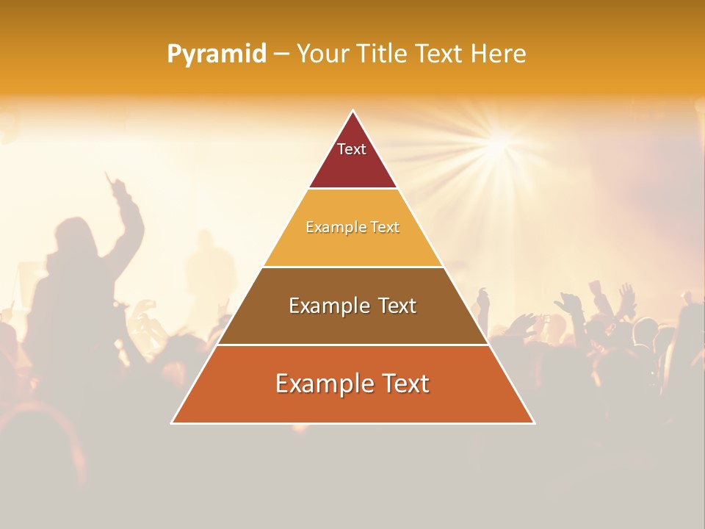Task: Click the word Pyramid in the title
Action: [x=217, y=54]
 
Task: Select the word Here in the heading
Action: [x=498, y=54]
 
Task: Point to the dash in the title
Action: [x=281, y=54]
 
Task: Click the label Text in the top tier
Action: [x=352, y=149]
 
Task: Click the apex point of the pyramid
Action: [x=352, y=112]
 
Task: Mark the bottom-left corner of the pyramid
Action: [x=173, y=422]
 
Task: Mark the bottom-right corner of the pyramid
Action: [x=533, y=422]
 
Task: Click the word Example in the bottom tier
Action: [x=319, y=384]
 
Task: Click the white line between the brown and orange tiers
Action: [x=352, y=345]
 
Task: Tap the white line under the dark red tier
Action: [x=352, y=188]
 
